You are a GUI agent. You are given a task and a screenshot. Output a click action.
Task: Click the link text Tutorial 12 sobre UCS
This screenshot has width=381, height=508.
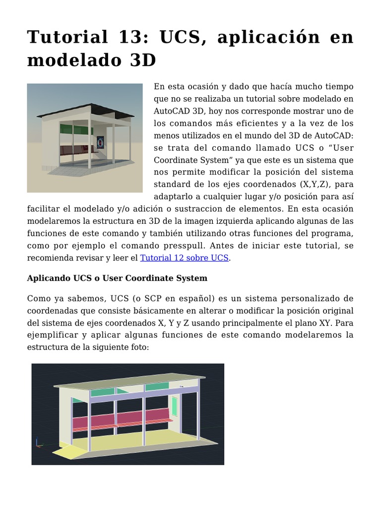click(x=184, y=258)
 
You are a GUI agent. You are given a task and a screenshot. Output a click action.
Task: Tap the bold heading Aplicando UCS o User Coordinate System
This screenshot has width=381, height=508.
click(x=117, y=278)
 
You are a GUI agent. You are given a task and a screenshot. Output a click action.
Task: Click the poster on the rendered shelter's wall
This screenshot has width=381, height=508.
click(x=101, y=143)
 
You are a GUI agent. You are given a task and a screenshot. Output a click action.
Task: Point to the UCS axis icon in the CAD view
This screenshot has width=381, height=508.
click(x=38, y=443)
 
